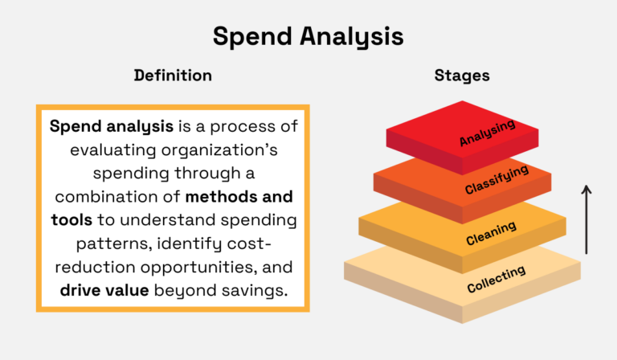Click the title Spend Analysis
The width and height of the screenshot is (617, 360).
308,36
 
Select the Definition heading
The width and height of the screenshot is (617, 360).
173,76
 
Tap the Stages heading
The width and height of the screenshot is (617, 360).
462,76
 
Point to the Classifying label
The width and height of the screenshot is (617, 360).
496,180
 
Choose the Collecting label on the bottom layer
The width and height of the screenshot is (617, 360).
496,280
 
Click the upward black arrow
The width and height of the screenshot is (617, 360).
586,219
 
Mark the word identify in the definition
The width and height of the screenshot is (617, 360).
186,243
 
